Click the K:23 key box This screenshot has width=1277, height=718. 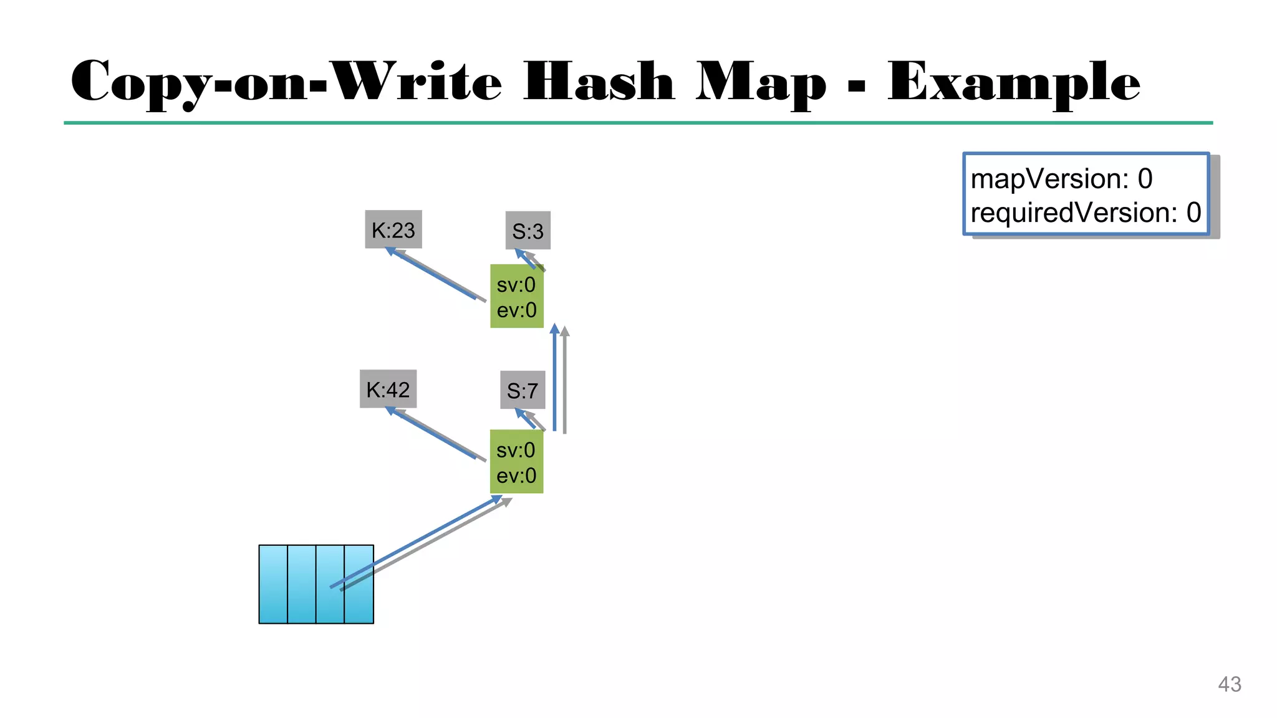click(393, 229)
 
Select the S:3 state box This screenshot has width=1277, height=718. click(528, 231)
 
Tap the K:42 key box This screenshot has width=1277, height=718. click(388, 389)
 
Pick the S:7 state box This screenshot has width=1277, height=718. click(523, 390)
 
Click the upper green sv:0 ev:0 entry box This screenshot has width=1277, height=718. click(516, 297)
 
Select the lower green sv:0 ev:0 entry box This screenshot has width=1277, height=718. click(516, 462)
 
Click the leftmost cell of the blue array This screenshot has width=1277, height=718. click(273, 584)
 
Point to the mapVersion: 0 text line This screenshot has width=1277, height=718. click(1061, 179)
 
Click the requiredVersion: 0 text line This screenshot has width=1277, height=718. click(1085, 213)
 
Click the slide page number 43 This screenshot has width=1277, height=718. click(1229, 684)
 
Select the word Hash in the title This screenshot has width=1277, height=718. click(599, 82)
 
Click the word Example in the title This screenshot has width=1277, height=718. click(1014, 82)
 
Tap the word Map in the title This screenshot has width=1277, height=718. click(761, 82)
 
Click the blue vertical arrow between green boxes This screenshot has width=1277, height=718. click(554, 380)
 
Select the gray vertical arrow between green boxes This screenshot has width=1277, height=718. click(565, 380)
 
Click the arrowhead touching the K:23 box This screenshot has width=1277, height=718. click(390, 251)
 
